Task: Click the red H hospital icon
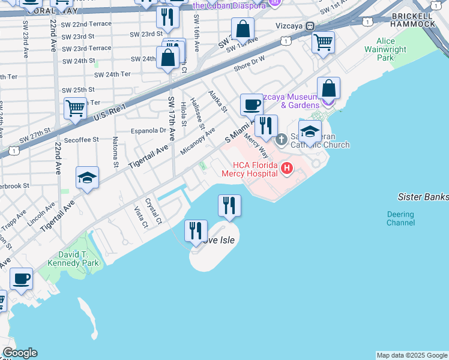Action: pyautogui.click(x=287, y=167)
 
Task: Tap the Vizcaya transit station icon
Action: pyautogui.click(x=310, y=26)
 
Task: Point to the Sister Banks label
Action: pyautogui.click(x=423, y=197)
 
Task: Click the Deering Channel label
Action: pyautogui.click(x=400, y=218)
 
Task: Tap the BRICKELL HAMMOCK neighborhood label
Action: pyautogui.click(x=412, y=20)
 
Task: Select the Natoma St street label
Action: pyautogui.click(x=115, y=155)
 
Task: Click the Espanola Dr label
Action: pyautogui.click(x=148, y=130)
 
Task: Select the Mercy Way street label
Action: pyautogui.click(x=255, y=146)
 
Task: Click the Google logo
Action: pyautogui.click(x=20, y=353)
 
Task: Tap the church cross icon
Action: pyautogui.click(x=282, y=140)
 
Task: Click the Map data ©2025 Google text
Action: pyautogui.click(x=412, y=355)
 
